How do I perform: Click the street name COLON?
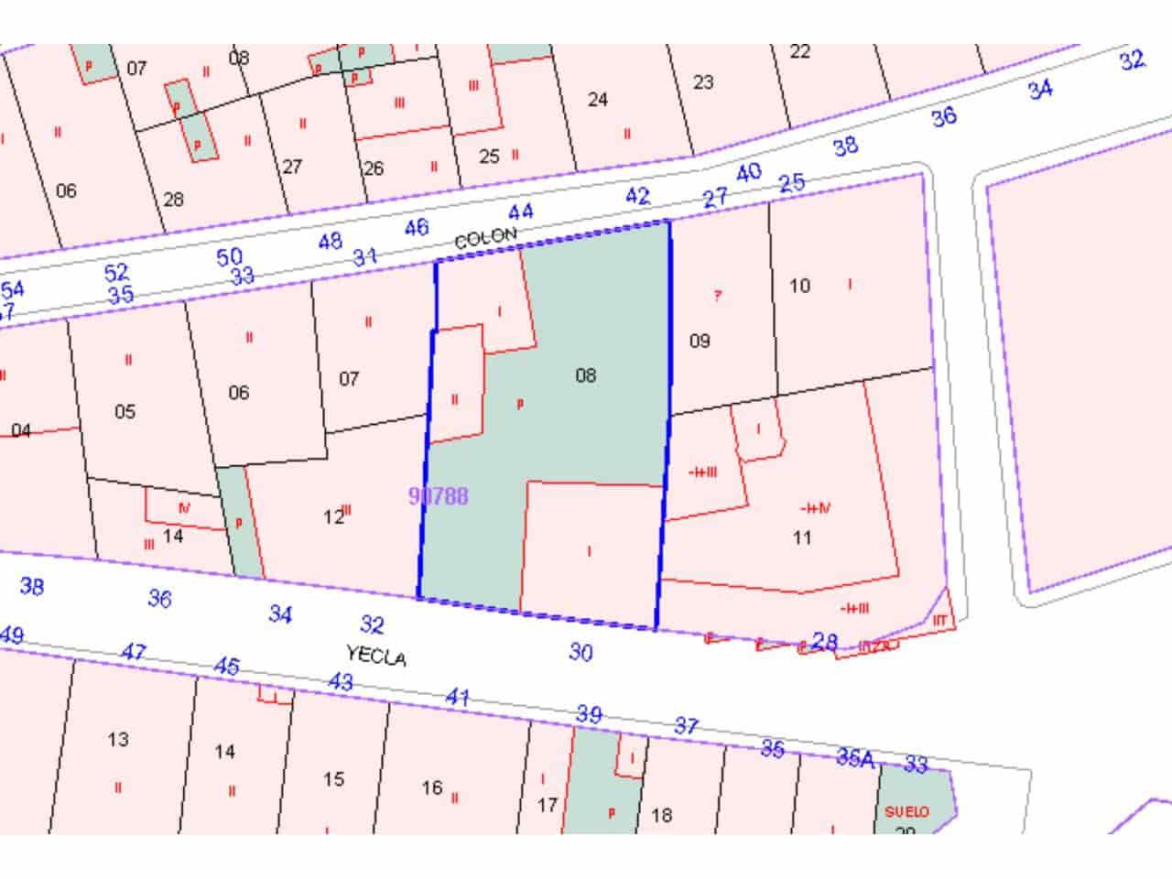point(486,237)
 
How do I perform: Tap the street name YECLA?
point(375,656)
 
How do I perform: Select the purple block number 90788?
point(439,496)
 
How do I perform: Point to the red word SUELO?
point(906,811)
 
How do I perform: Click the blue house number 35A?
point(855,757)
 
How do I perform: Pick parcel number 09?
point(700,342)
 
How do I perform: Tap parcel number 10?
point(799,286)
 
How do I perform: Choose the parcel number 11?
point(802,537)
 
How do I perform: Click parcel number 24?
point(597,99)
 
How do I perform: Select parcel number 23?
point(702,82)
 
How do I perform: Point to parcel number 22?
point(799,51)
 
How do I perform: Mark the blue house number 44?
point(520,212)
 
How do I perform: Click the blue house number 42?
point(637,196)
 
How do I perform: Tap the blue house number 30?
point(581,652)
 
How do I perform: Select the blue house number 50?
point(230,257)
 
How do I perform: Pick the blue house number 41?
point(458,698)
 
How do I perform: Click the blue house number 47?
point(134,652)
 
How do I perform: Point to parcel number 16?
point(432,787)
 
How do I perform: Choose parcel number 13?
point(118,740)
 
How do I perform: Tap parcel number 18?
point(660,815)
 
